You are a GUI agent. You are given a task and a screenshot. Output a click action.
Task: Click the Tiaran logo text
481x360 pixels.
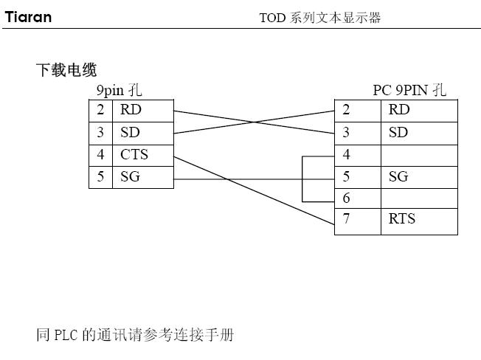click(x=29, y=16)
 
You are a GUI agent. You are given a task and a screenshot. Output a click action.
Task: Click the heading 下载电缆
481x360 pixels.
click(x=66, y=71)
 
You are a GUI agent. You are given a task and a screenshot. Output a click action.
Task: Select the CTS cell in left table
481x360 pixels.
click(x=134, y=155)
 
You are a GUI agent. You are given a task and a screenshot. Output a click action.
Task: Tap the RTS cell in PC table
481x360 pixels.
click(x=402, y=218)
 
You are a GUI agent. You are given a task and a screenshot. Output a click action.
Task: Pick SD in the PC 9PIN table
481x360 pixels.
click(x=398, y=133)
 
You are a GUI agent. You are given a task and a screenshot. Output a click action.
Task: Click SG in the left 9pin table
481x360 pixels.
click(x=130, y=177)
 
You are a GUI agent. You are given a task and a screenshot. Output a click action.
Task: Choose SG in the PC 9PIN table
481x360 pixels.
click(x=398, y=177)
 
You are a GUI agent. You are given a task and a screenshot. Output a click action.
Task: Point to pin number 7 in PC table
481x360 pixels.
click(x=347, y=218)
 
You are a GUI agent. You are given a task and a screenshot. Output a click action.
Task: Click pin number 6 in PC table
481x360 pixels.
click(x=347, y=198)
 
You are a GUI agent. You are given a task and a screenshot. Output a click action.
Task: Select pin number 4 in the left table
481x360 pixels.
click(x=100, y=155)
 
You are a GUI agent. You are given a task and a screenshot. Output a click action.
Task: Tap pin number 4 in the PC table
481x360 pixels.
click(x=347, y=155)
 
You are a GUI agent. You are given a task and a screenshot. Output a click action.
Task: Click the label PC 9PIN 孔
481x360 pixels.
click(x=409, y=91)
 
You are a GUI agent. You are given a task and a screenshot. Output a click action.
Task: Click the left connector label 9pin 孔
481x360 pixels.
click(x=120, y=91)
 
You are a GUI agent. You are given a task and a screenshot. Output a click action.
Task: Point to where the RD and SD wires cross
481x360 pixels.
click(x=254, y=122)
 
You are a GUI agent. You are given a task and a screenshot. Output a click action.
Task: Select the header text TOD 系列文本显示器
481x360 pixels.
click(x=320, y=18)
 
